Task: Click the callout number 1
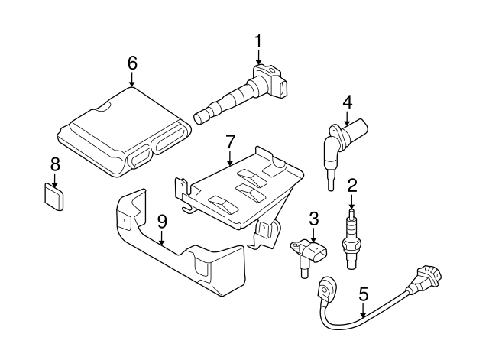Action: pos(257,40)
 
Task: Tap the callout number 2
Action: pos(351,185)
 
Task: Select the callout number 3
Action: pos(313,219)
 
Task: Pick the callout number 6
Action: pos(132,63)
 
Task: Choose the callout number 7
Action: pos(230,141)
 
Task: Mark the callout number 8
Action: pos(54,164)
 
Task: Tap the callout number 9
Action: pos(161,221)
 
